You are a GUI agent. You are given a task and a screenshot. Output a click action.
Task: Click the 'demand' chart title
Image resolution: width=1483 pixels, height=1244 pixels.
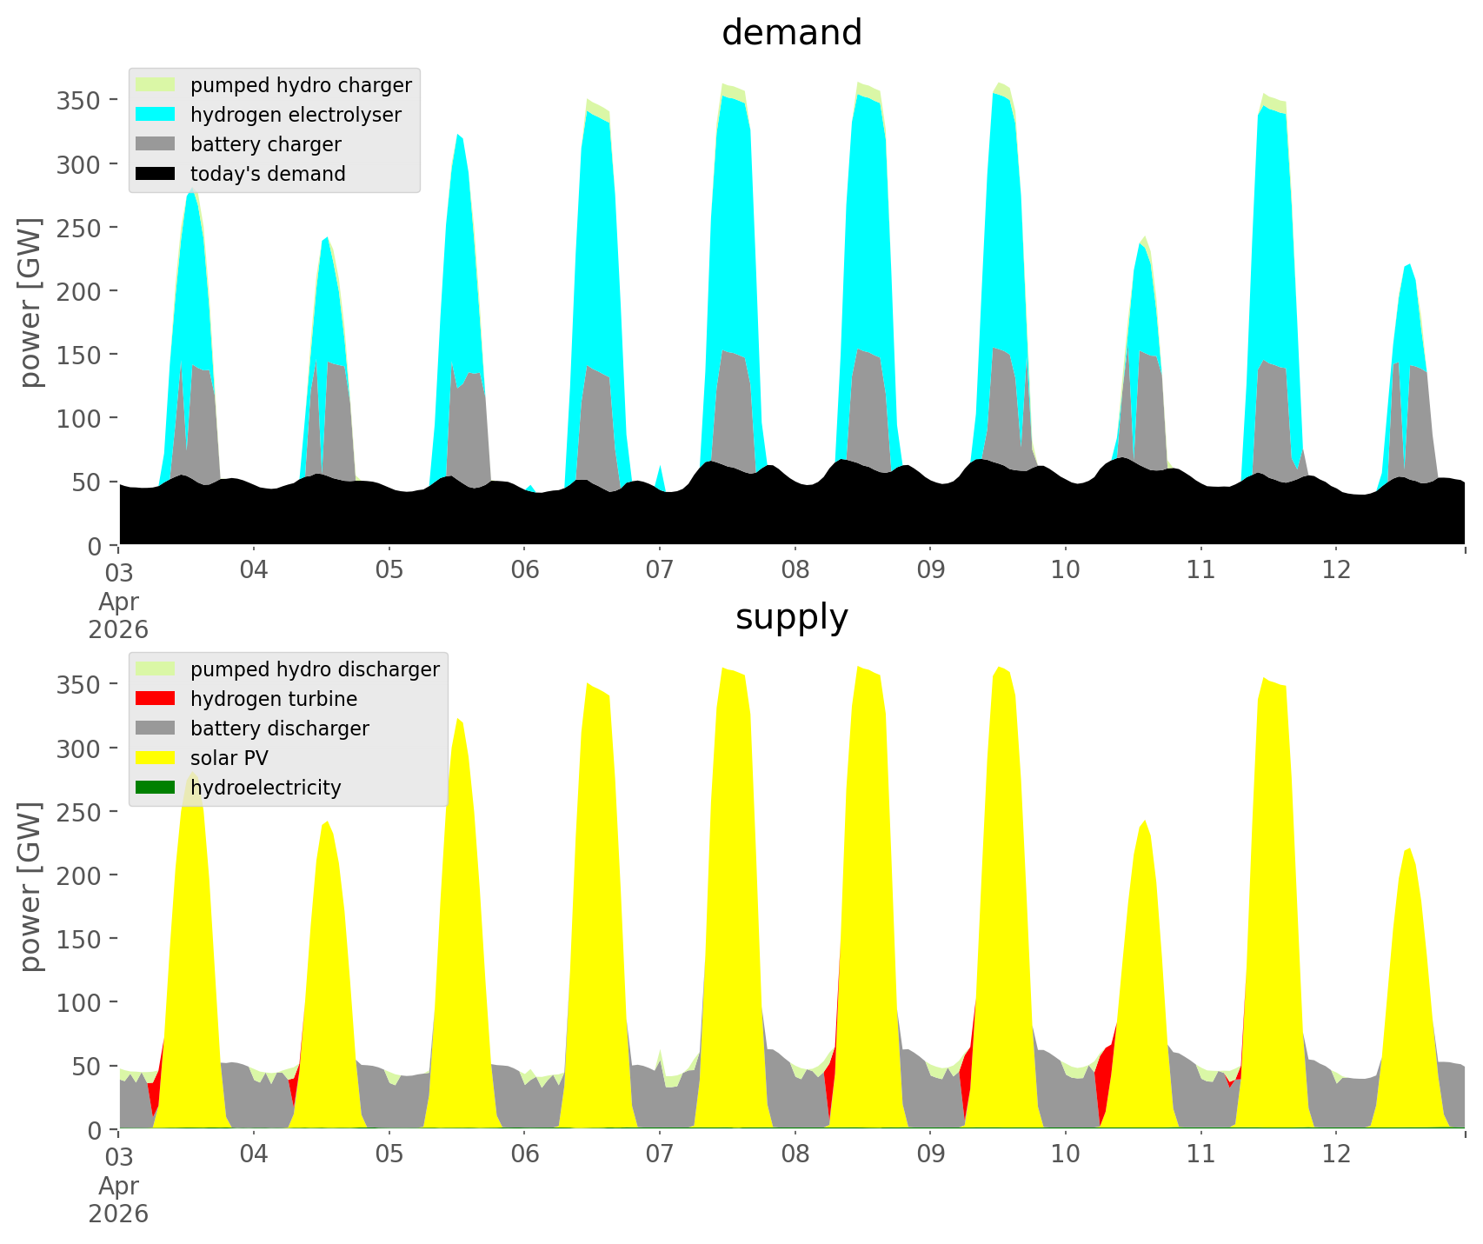pos(791,33)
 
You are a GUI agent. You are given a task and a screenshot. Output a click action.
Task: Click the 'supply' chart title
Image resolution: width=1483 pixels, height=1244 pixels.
pos(791,617)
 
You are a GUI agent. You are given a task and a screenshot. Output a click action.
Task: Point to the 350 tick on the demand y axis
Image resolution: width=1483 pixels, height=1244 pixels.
pos(78,101)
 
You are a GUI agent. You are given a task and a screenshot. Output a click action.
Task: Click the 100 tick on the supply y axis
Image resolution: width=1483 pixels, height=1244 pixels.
pos(78,1002)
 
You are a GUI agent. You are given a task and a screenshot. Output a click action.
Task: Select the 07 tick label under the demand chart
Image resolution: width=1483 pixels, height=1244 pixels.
pos(660,570)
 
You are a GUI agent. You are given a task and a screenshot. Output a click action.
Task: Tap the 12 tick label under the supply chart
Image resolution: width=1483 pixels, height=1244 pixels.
pos(1336,1154)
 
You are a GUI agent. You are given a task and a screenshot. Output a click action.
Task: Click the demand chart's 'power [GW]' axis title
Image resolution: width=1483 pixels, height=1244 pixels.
pos(30,303)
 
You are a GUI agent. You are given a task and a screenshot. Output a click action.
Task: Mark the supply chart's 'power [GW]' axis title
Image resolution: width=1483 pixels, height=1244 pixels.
pos(30,887)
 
